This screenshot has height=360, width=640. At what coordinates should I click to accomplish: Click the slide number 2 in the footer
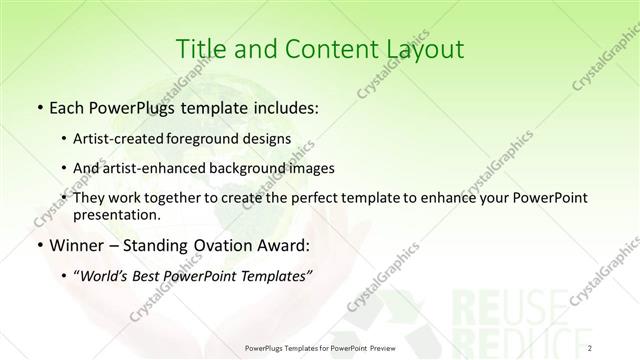pos(591,347)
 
